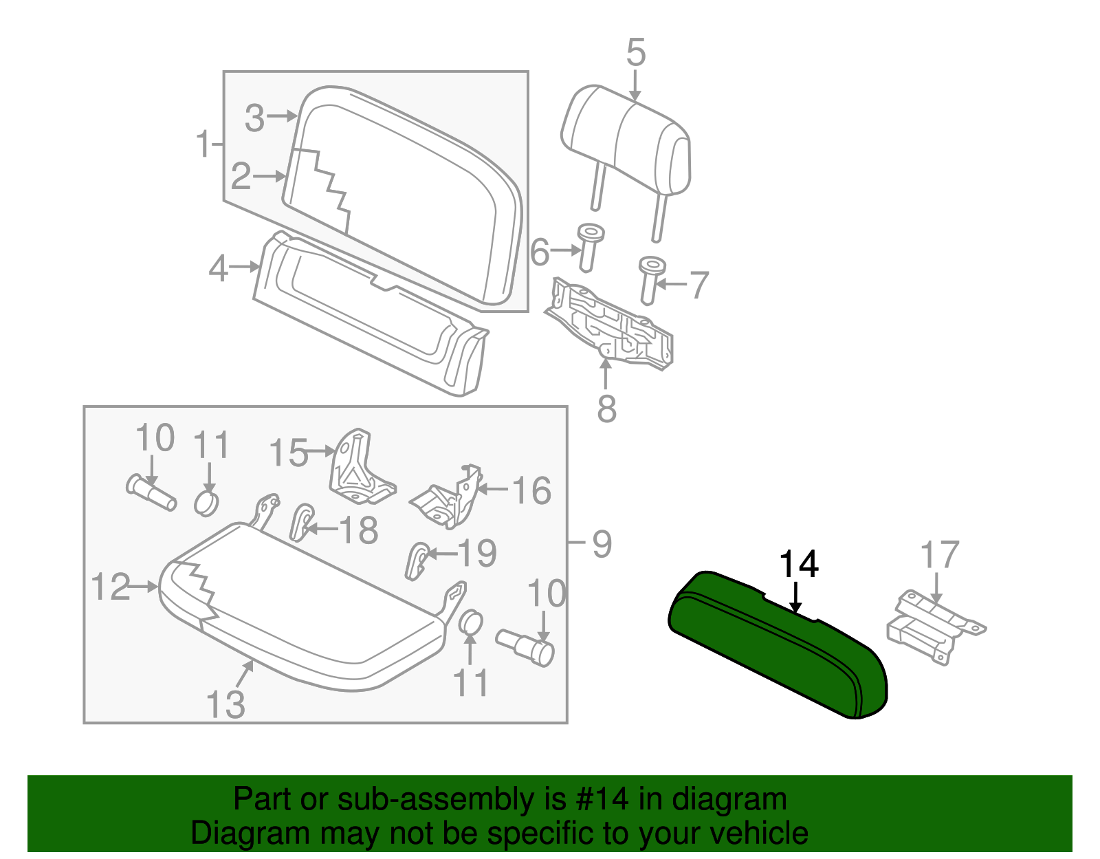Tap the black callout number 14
point(797,565)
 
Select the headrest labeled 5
point(626,138)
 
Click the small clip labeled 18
point(302,522)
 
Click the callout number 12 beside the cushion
point(110,587)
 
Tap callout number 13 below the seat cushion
point(225,704)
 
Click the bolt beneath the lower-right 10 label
point(526,646)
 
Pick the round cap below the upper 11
point(206,503)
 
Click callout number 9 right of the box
point(602,544)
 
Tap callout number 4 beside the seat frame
point(218,268)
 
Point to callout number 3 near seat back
point(254,118)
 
